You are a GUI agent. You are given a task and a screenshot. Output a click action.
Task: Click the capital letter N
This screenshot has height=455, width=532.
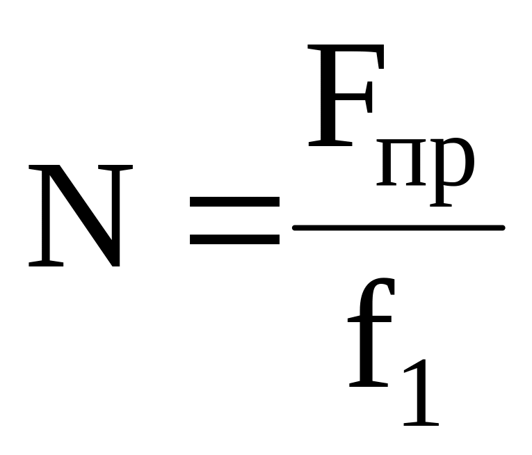(x=80, y=216)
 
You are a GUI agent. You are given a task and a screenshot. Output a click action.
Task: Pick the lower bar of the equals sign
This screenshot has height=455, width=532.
(x=234, y=239)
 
